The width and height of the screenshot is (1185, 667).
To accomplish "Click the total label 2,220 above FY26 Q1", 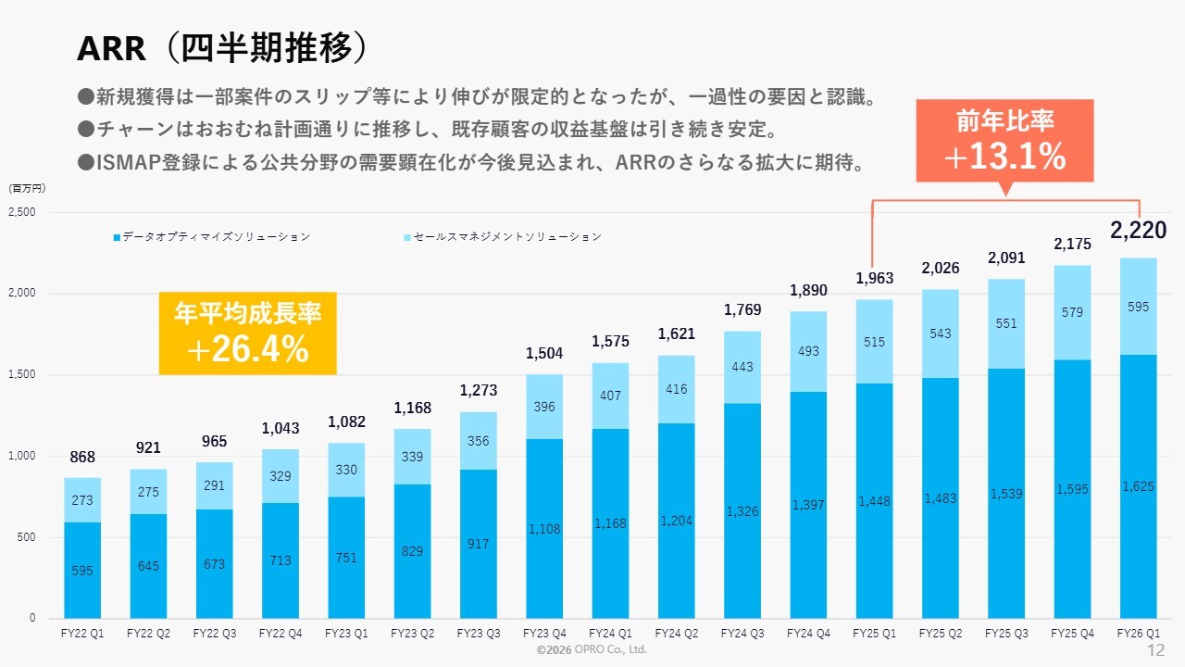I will coord(1138,231).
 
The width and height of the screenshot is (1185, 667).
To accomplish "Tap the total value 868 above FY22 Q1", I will coord(81,458).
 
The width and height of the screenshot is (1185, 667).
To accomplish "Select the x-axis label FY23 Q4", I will coord(544,635).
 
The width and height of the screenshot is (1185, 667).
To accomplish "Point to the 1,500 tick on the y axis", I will coord(22,375).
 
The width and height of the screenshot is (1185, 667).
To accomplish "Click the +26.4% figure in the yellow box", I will coord(247,349).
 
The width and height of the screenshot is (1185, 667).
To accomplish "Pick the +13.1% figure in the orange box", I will coord(1004,157).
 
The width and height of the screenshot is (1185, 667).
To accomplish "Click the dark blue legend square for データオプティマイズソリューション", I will coord(117,237).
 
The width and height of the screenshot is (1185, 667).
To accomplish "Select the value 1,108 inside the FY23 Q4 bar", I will coord(544,529).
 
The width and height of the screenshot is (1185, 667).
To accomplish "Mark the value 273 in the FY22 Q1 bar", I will coord(81,500).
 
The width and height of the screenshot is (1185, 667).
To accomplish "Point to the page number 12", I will coord(1155,650).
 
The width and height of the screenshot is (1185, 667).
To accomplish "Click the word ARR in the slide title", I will coord(110,49).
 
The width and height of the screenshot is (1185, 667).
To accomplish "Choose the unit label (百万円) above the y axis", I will coord(27,188).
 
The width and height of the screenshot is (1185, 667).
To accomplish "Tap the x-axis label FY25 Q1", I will coord(874,635).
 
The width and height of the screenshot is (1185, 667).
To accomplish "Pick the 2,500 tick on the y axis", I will coord(22,212).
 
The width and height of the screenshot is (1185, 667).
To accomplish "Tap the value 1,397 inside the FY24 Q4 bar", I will coord(808,505).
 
